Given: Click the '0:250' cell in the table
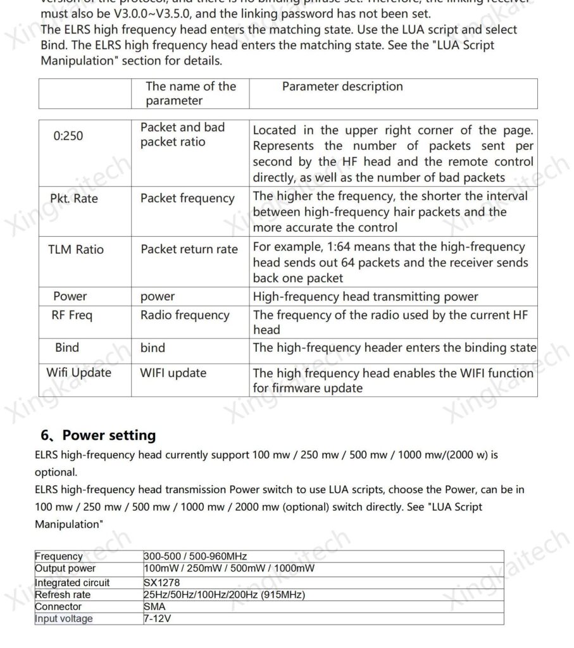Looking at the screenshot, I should [x=68, y=135].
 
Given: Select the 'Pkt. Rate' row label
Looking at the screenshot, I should [x=74, y=199].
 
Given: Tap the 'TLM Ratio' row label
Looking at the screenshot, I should [x=76, y=249].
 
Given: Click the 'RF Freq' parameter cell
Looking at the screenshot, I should [x=72, y=315].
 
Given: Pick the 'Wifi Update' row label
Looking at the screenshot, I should [x=78, y=373].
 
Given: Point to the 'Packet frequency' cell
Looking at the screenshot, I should [x=187, y=199].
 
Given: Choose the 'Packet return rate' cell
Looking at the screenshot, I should [x=189, y=249].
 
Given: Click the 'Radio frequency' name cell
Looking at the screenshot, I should [x=185, y=315].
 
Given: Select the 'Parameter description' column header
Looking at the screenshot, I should [x=342, y=87].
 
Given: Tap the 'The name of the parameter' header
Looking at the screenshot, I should [x=190, y=93].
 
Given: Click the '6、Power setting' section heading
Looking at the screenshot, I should [x=98, y=435].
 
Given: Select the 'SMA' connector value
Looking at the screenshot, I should [x=154, y=607].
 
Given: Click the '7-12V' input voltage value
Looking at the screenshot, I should [x=158, y=619].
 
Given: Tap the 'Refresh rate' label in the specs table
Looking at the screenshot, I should [x=63, y=595].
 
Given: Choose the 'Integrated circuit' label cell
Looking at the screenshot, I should [x=72, y=583].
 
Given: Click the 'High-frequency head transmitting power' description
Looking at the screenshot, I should [x=365, y=296].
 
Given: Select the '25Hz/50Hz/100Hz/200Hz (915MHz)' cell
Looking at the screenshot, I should [x=224, y=595].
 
